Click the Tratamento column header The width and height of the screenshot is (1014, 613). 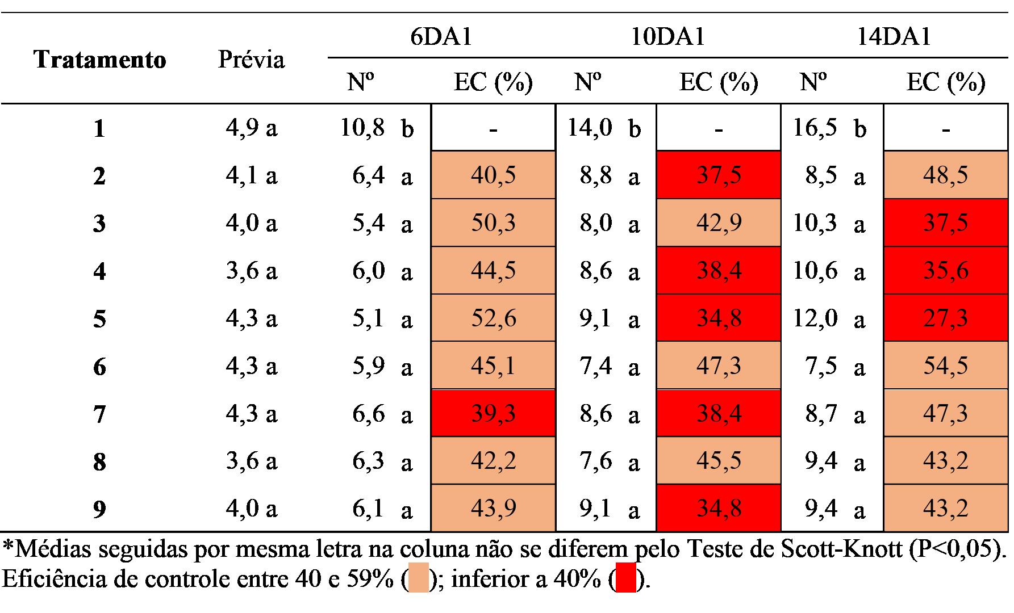tap(99, 60)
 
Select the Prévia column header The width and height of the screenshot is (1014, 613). tap(251, 60)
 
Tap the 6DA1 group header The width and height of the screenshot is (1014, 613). tap(441, 36)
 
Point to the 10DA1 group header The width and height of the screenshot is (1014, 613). tap(668, 36)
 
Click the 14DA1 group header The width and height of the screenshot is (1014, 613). tap(895, 36)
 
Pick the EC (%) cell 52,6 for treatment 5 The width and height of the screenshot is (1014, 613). tap(493, 318)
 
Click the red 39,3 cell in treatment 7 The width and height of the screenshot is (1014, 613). tap(493, 413)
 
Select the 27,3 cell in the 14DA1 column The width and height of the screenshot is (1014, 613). tap(946, 318)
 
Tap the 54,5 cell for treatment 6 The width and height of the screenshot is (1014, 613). tap(946, 366)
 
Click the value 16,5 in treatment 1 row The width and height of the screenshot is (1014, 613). tap(815, 128)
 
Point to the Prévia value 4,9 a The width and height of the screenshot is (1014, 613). tap(251, 128)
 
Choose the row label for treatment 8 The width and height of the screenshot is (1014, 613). tap(99, 461)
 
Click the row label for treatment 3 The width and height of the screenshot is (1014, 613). tap(99, 223)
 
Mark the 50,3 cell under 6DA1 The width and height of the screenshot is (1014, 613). tap(493, 222)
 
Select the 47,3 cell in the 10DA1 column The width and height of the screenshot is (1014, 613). tap(719, 366)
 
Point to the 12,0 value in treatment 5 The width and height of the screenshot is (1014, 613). tap(815, 318)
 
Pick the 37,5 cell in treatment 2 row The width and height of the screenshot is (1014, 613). tap(719, 175)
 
